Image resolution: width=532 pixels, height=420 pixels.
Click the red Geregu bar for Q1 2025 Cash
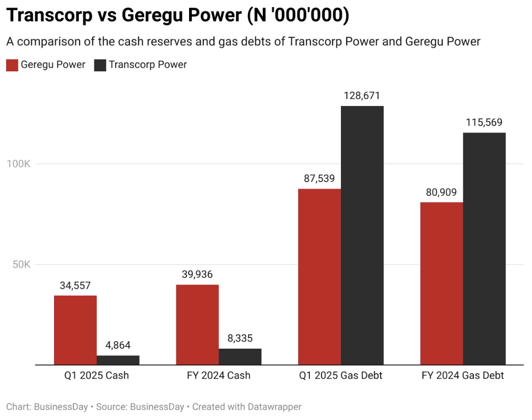(x=75, y=330)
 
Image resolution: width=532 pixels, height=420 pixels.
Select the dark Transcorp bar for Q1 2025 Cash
(x=118, y=360)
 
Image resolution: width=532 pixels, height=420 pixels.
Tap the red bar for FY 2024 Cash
(x=197, y=325)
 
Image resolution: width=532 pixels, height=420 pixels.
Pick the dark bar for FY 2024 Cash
(x=240, y=357)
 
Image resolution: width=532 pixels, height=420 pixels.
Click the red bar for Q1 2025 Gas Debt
(x=320, y=277)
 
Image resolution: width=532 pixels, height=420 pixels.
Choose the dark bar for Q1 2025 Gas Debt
(x=362, y=235)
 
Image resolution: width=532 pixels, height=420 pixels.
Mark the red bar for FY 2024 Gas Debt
(x=442, y=283)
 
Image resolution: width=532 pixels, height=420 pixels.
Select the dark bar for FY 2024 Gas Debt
(x=485, y=249)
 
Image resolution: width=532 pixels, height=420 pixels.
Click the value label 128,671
(x=362, y=96)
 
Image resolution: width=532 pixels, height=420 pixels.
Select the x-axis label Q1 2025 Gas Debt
(x=341, y=376)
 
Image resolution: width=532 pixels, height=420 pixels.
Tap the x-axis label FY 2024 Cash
(x=218, y=376)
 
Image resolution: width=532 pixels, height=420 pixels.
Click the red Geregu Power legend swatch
(x=12, y=65)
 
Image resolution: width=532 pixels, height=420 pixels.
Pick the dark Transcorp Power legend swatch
(x=100, y=65)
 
